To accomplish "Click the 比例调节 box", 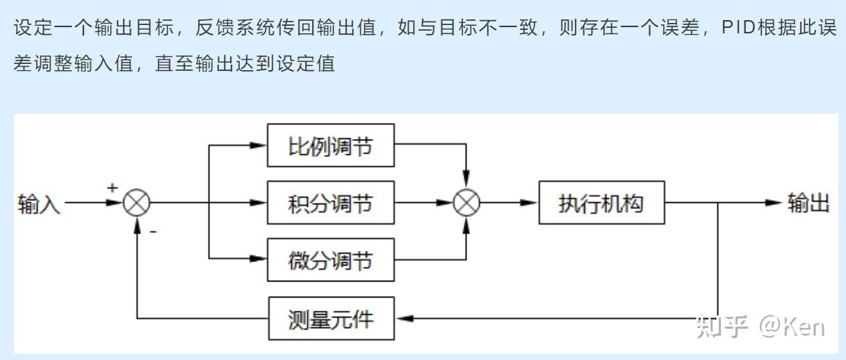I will coord(330,145).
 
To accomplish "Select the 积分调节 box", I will coord(330,203).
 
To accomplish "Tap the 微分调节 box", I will coord(330,261).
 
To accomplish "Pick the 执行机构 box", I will coord(601,203).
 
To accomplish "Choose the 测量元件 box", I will coord(330,318).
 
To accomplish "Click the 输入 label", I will coord(39,204).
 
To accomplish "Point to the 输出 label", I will coord(808,203).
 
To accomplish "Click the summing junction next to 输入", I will coord(137,203).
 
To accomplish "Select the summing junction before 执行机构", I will coord(467,203).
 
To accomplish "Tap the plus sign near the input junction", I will coord(113,188).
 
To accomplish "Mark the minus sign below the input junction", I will coord(153,231).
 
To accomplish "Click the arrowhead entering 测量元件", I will coord(405,318).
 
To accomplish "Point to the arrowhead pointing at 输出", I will coord(774,203).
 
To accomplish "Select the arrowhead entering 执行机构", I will coord(530,203).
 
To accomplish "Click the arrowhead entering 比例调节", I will coord(259,145).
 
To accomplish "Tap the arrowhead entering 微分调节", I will coord(259,259).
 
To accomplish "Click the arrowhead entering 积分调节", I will coord(259,203).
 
